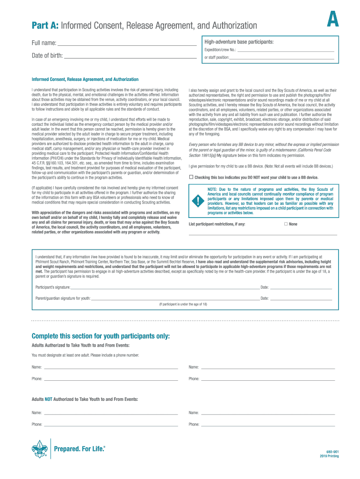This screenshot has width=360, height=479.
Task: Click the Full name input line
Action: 126,44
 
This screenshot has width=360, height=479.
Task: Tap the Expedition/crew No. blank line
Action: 286,50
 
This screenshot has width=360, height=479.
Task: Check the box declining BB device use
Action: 191,177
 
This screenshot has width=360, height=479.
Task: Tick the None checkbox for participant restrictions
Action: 286,224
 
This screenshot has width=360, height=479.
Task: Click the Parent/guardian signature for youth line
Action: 175,298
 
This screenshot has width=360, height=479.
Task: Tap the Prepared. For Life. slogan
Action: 80,449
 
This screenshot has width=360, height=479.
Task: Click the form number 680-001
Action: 332,451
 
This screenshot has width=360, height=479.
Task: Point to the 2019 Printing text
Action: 330,456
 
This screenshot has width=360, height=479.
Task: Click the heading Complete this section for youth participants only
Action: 101,336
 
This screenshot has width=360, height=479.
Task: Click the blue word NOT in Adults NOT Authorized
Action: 49,399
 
